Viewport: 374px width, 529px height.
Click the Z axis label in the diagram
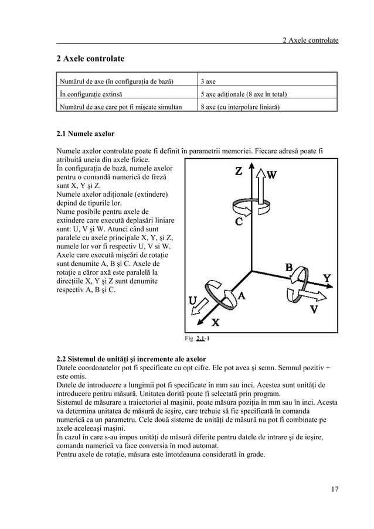pos(239,172)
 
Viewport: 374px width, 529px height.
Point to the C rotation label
pos(239,222)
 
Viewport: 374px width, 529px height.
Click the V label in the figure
pos(314,309)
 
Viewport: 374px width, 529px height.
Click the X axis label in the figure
pos(215,322)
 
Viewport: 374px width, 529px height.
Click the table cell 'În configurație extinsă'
pos(93,94)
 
